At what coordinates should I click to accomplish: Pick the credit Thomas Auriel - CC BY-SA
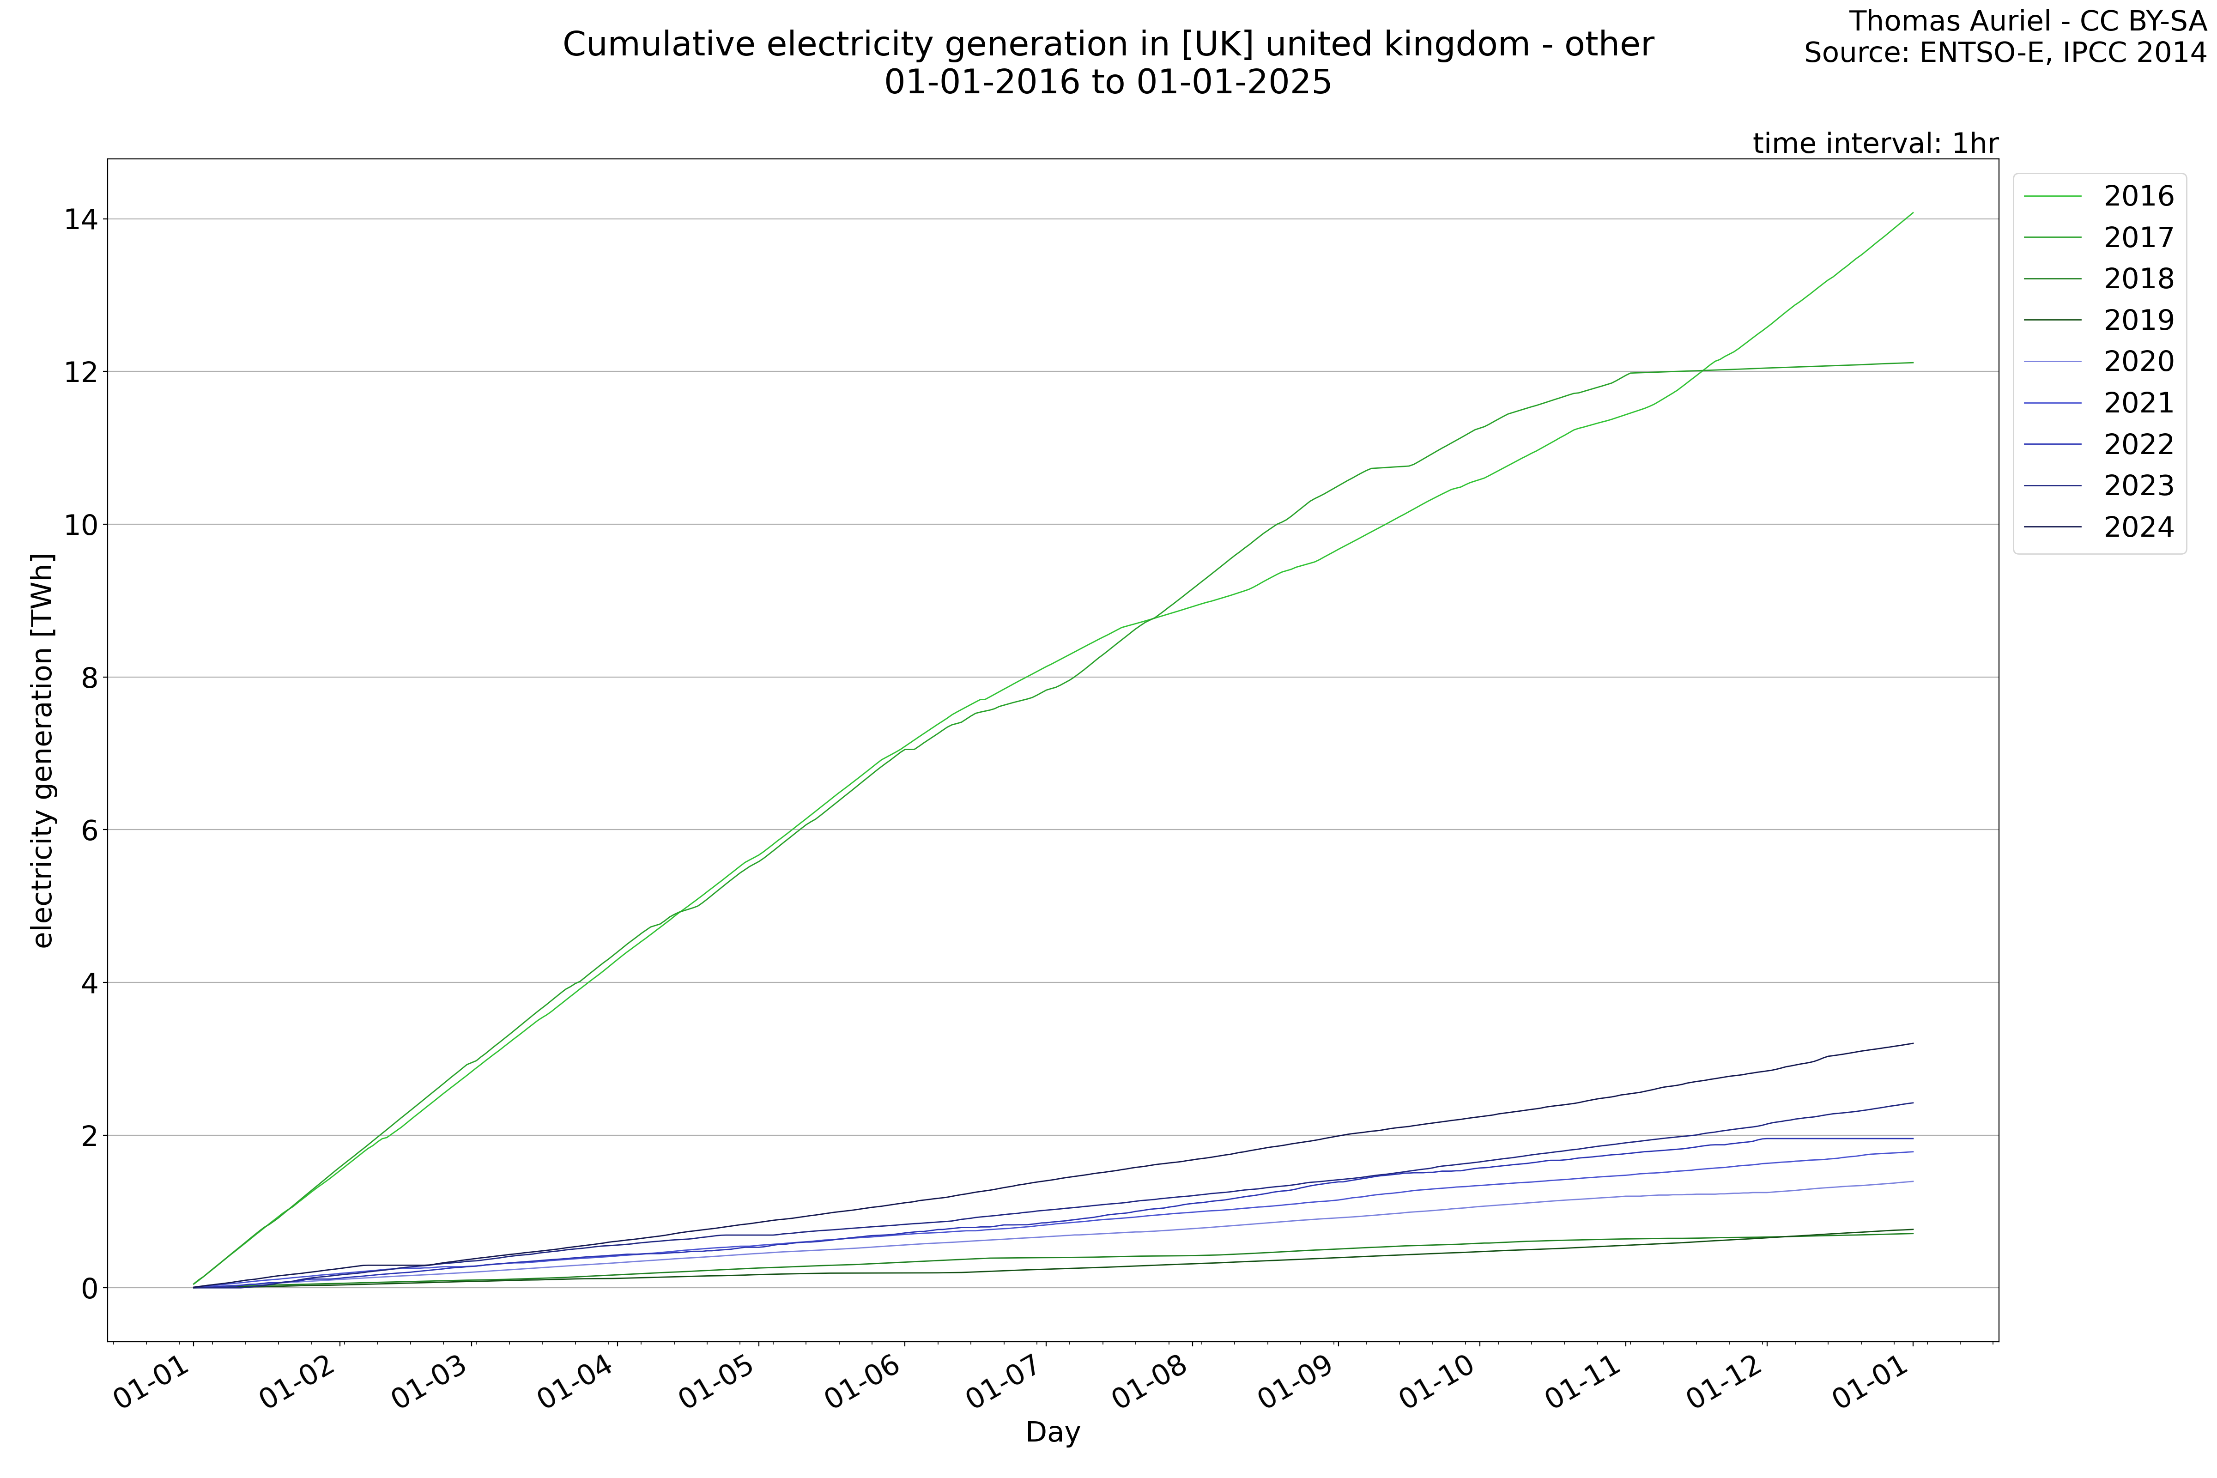2027,21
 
